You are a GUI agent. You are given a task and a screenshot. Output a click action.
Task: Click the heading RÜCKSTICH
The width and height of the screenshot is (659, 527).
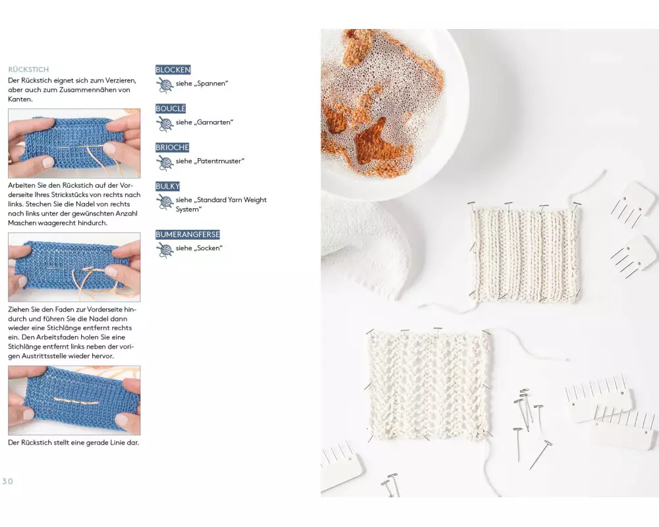(x=28, y=69)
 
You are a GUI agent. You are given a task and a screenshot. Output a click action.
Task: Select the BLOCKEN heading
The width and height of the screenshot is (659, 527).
(x=173, y=70)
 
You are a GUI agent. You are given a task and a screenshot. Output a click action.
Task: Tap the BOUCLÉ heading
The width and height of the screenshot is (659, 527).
(x=171, y=109)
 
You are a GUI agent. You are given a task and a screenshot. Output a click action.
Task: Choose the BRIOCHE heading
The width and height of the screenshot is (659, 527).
(x=172, y=148)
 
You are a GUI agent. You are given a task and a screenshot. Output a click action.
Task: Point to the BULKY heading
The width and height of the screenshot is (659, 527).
(x=167, y=186)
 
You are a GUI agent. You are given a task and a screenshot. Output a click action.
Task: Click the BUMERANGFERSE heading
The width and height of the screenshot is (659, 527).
(x=187, y=235)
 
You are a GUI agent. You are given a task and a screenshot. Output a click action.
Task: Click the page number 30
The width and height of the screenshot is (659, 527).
(x=7, y=481)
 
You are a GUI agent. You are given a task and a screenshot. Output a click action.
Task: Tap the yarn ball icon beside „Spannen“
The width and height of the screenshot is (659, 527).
(x=165, y=84)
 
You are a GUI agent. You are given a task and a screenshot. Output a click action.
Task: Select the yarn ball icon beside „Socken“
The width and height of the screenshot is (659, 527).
(x=165, y=249)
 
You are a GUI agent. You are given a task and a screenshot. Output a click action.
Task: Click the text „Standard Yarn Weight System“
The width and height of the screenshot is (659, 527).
(x=221, y=204)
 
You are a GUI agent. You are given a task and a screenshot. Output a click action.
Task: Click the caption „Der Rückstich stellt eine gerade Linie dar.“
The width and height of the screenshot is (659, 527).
(x=74, y=443)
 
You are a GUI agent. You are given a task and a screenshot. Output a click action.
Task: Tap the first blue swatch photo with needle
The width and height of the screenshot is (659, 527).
(x=74, y=144)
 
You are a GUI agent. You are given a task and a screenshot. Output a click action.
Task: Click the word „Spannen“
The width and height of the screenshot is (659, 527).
(x=212, y=83)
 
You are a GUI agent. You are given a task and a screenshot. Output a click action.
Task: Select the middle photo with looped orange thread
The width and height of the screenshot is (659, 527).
(x=74, y=267)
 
